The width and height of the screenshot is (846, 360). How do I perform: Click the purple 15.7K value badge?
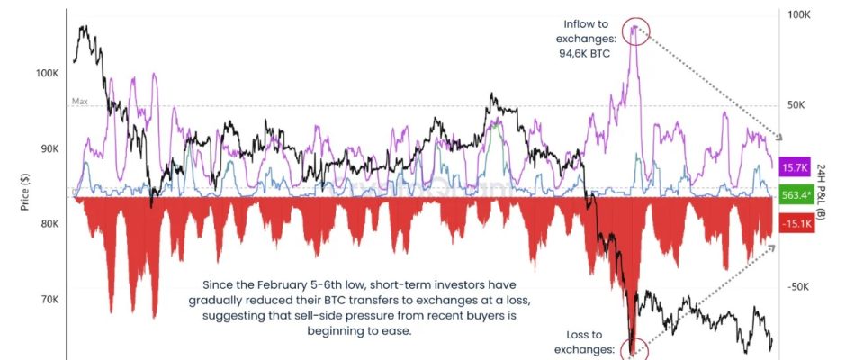(x=796, y=168)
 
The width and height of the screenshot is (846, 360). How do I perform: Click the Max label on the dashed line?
(x=80, y=102)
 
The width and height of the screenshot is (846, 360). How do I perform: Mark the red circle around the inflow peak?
(x=635, y=30)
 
